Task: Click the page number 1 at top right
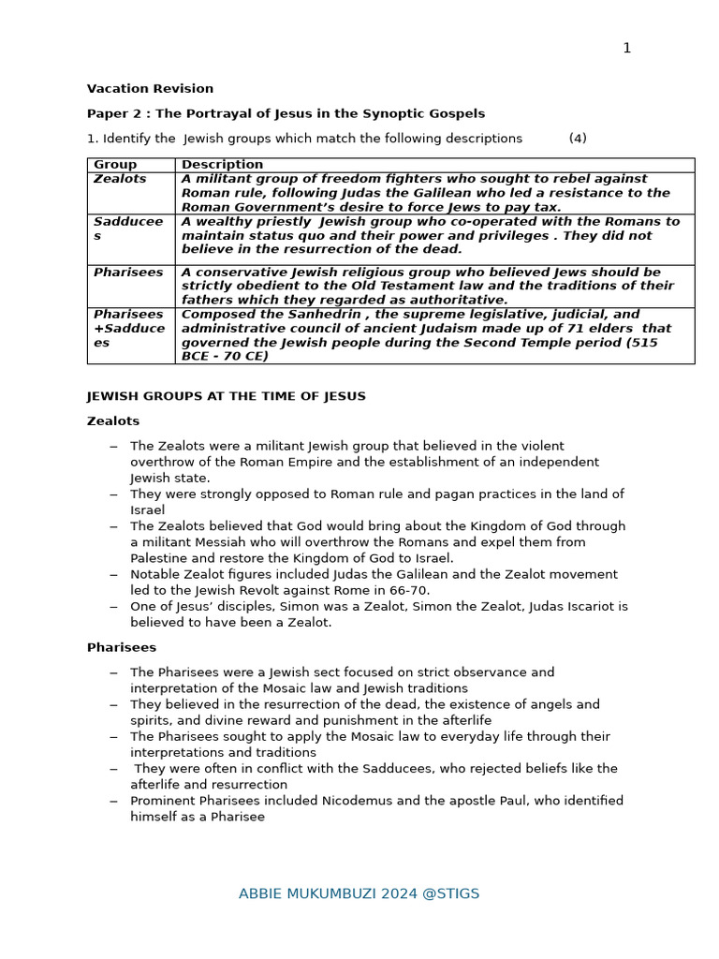tap(626, 49)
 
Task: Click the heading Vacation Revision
tap(150, 89)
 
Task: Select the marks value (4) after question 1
tap(578, 139)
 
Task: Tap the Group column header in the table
tap(115, 165)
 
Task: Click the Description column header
tap(222, 165)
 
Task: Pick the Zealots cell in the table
tap(120, 179)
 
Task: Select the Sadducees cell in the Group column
tap(128, 229)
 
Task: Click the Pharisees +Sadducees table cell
tap(128, 329)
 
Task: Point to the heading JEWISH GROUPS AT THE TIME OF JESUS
tap(226, 396)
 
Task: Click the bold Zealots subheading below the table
tap(113, 421)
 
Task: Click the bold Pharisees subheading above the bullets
tap(122, 647)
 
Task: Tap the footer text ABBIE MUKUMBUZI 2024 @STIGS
tap(359, 893)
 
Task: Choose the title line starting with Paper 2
tap(286, 113)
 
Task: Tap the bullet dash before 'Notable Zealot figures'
tap(113, 575)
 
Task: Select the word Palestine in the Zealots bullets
tap(160, 558)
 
